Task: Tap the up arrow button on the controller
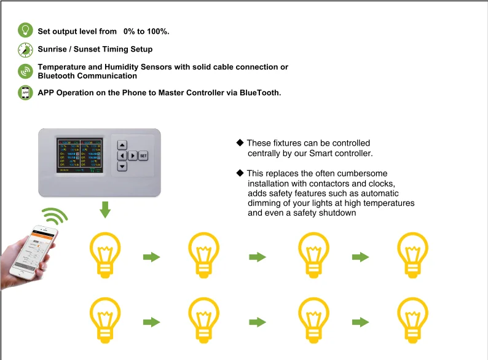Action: point(122,145)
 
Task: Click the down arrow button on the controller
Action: point(122,166)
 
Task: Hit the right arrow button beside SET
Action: point(133,155)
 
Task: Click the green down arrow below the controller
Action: point(105,209)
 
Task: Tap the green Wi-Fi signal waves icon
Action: point(54,218)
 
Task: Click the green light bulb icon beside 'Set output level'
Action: point(25,30)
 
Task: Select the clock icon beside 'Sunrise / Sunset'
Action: point(25,49)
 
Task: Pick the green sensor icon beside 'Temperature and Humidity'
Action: point(25,71)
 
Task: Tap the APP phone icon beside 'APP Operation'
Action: point(25,93)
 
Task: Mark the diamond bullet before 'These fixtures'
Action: point(240,143)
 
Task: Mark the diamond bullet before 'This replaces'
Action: point(240,173)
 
